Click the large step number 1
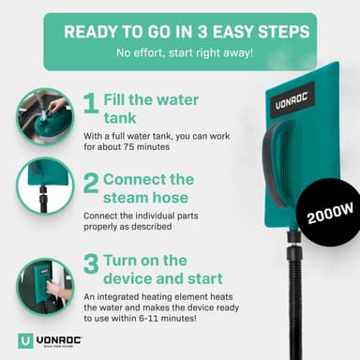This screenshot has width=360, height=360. [91, 103]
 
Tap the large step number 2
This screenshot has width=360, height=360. [91, 184]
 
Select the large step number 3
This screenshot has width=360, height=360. [91, 264]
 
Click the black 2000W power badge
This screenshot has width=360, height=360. [329, 215]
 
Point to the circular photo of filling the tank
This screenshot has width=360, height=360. [45, 117]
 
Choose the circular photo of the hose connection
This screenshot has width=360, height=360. [45, 187]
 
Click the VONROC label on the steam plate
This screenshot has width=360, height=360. [292, 100]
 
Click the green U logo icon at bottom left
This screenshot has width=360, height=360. [25, 340]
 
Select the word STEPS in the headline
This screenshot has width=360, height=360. [284, 32]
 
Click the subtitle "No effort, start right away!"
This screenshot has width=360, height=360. [185, 52]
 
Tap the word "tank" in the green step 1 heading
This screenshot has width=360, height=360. [120, 118]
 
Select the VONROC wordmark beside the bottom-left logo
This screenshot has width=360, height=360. [59, 339]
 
